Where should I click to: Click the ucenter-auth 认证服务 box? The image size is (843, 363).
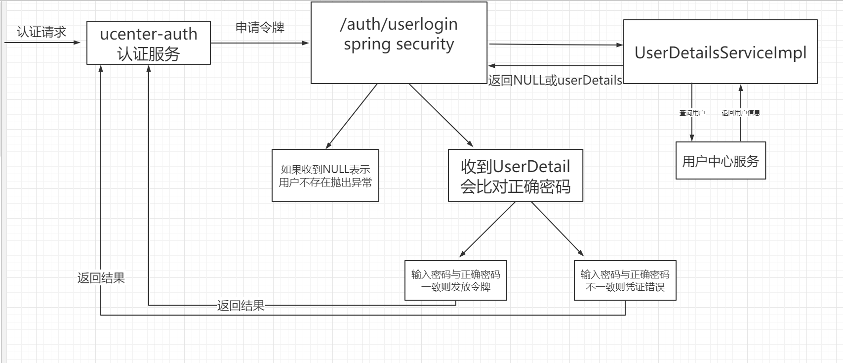pos(148,43)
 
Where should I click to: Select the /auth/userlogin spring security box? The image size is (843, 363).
pos(399,43)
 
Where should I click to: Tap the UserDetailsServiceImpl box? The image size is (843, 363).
pos(720,52)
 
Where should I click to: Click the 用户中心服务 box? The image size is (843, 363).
pos(720,161)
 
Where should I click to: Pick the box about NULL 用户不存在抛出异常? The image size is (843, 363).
pos(325,176)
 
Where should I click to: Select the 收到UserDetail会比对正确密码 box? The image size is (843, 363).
pos(515,176)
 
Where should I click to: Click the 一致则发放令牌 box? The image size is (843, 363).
pos(455,280)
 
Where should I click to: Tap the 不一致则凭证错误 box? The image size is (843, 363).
pos(625,280)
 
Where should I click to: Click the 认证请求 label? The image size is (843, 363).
pos(41,32)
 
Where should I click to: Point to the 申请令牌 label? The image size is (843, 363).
pos(260,27)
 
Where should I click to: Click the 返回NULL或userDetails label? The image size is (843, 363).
pos(555,80)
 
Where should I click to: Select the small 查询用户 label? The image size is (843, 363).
pos(692,113)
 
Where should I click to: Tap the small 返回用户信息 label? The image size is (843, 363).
pos(740,113)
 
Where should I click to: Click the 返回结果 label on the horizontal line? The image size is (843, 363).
pos(241,306)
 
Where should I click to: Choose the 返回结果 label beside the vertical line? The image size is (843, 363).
pos(101,278)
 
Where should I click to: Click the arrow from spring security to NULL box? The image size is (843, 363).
pos(352,116)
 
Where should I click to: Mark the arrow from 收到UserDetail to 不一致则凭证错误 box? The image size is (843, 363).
pos(557,228)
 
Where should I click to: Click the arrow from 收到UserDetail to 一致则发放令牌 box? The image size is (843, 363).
pos(488,229)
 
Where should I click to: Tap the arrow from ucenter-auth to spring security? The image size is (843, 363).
pos(259,43)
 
